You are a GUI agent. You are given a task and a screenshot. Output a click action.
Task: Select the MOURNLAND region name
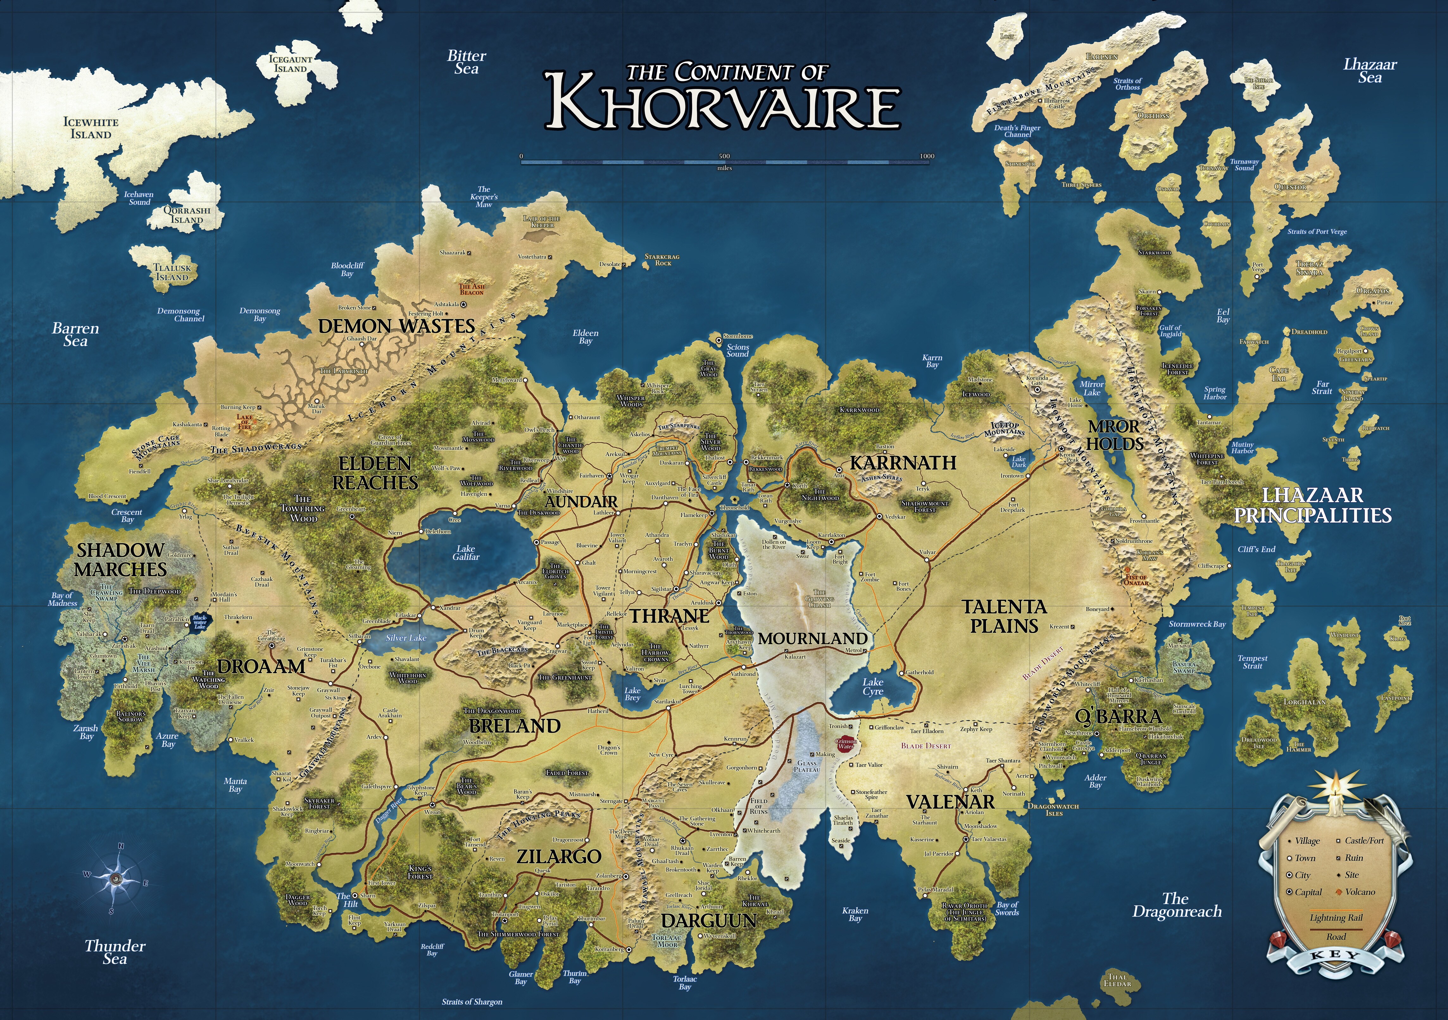(x=812, y=639)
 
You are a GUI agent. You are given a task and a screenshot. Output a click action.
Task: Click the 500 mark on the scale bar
(x=724, y=156)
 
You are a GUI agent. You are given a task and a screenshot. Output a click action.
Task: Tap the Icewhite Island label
(x=91, y=128)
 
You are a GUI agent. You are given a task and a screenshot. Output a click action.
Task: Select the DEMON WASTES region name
(x=396, y=326)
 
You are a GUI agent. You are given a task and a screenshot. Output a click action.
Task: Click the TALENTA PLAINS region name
(x=1004, y=616)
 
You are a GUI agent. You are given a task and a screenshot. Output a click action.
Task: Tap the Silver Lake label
(x=406, y=638)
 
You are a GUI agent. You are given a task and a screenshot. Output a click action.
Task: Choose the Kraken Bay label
(x=855, y=914)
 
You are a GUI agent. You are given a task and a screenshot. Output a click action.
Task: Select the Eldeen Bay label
(x=585, y=337)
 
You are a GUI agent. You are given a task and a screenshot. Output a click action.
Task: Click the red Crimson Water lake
(x=845, y=744)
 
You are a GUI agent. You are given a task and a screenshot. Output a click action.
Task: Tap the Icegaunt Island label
(x=291, y=64)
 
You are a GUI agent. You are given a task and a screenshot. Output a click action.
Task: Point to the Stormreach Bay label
(x=1197, y=624)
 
